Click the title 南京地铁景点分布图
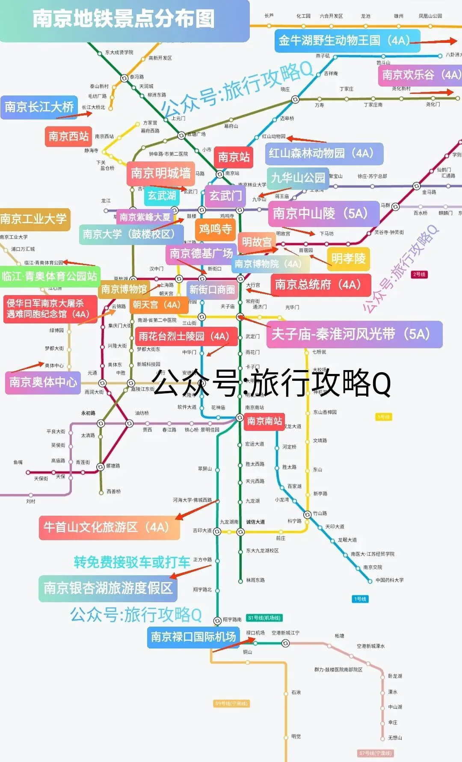[124, 19]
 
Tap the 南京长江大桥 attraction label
[39, 107]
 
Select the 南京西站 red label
[68, 136]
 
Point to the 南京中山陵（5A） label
[323, 213]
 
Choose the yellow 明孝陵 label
[348, 259]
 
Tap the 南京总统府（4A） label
[320, 285]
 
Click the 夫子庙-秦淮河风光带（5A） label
[354, 335]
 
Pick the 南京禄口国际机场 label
[193, 637]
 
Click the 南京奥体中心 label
[43, 382]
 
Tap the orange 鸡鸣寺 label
[215, 230]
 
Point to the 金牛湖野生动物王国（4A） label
[347, 41]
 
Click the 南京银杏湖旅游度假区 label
[108, 588]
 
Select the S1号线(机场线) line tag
[264, 618]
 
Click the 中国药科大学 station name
[389, 580]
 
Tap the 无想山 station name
[395, 738]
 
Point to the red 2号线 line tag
[419, 274]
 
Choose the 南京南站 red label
[264, 421]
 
